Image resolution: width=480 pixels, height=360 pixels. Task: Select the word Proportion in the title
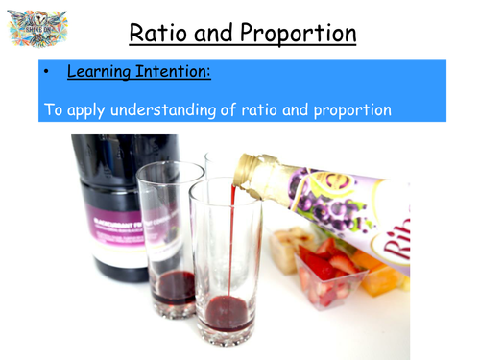297,35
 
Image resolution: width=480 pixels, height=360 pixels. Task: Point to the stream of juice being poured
230,250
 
